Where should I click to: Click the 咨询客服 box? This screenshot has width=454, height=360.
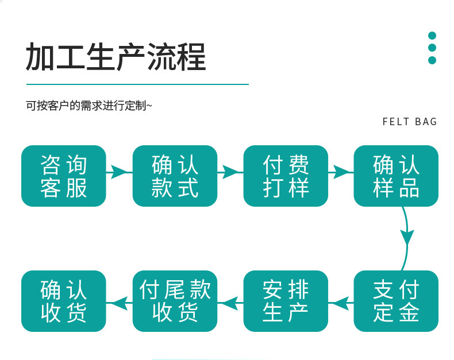pos(64,176)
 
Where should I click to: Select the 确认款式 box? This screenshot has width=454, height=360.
pos(175,176)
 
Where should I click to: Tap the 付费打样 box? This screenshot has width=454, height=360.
pos(286,176)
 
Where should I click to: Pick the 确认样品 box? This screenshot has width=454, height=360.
pos(396,176)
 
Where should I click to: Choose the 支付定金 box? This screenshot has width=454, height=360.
pos(396,301)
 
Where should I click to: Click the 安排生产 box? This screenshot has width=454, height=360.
pos(286,301)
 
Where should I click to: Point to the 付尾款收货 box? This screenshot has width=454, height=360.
pos(175,301)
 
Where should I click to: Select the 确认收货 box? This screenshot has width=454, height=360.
pos(64,301)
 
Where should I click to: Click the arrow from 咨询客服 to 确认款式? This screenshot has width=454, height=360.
pos(120,172)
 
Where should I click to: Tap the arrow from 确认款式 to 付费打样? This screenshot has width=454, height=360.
pos(230,172)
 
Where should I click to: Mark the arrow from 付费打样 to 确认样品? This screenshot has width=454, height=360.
pos(341,172)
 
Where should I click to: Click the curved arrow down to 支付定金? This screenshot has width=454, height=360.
pos(407,239)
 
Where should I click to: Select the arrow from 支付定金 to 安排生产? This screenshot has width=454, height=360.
pos(341,303)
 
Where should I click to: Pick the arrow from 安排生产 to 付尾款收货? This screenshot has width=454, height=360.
pos(230,303)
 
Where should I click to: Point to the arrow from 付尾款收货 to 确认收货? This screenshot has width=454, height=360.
pos(120,303)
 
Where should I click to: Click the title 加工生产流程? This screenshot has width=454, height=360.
pos(116,57)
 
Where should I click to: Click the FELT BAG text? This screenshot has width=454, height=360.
pos(409,122)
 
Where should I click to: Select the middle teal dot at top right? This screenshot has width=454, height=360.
pos(432,48)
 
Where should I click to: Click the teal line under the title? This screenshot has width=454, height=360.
pos(137,84)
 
